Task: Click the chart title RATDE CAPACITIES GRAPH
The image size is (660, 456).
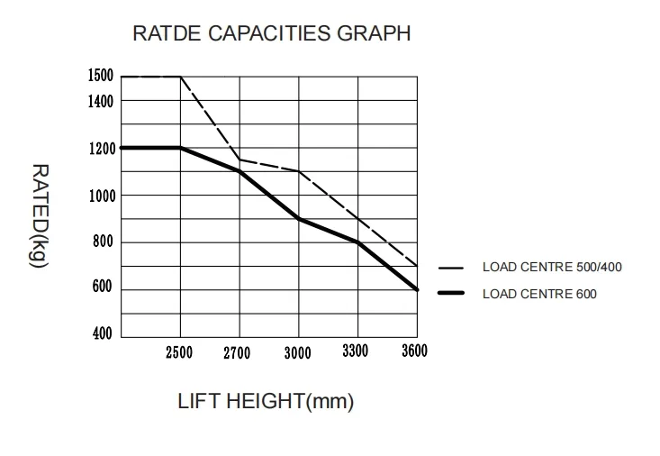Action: (271, 34)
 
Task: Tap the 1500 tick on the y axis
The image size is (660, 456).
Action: (100, 76)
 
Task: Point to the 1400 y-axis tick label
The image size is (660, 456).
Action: (100, 101)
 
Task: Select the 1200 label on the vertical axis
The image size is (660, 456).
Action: (100, 149)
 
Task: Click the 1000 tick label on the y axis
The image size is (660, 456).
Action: (100, 196)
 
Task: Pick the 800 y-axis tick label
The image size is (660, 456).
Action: (104, 242)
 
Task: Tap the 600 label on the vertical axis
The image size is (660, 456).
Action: (104, 288)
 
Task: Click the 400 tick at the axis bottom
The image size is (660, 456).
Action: (104, 334)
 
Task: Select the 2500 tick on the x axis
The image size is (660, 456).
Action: (179, 352)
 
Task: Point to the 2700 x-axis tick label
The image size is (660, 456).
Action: (238, 353)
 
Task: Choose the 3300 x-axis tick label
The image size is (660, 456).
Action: (357, 351)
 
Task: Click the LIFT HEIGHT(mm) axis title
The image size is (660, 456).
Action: (266, 401)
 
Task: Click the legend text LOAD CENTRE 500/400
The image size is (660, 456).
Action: (552, 267)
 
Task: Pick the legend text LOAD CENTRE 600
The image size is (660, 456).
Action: (539, 294)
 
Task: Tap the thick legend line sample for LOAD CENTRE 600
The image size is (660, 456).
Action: (450, 294)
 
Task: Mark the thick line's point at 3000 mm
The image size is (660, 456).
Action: (298, 219)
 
